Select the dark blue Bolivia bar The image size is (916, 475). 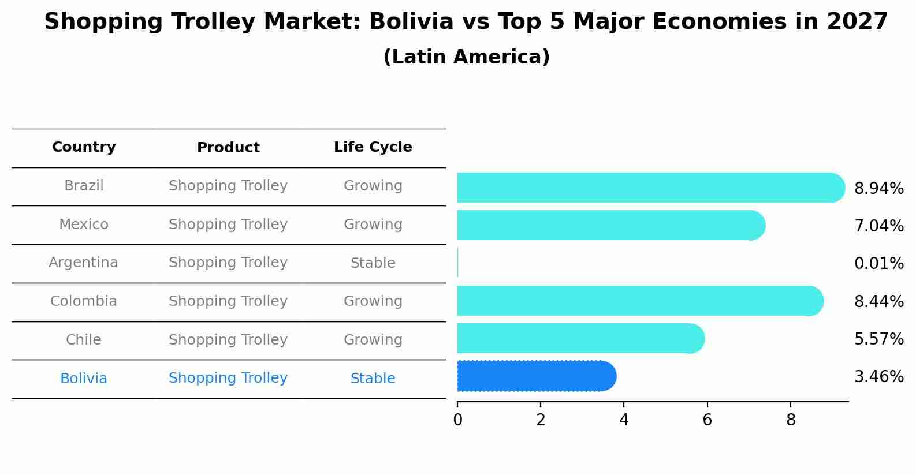[x=536, y=376]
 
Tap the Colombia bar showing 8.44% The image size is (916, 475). [x=640, y=301]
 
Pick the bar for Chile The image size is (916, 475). [x=580, y=338]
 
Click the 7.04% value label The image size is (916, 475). [x=878, y=226]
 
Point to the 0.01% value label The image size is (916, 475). [x=878, y=264]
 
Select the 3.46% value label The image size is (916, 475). [x=878, y=377]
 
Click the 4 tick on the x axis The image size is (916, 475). [x=624, y=420]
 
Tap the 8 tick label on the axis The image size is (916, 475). [x=791, y=420]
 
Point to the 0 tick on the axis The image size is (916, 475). [x=457, y=420]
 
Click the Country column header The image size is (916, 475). [x=84, y=147]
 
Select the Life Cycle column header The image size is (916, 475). [x=373, y=147]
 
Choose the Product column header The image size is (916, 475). [x=228, y=148]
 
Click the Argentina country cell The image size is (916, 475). [x=83, y=263]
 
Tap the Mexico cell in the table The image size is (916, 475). [x=84, y=225]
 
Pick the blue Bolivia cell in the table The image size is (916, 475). [x=84, y=379]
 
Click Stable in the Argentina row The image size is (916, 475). [x=373, y=263]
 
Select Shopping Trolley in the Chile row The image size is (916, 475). [x=228, y=340]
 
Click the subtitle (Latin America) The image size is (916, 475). [x=466, y=57]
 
